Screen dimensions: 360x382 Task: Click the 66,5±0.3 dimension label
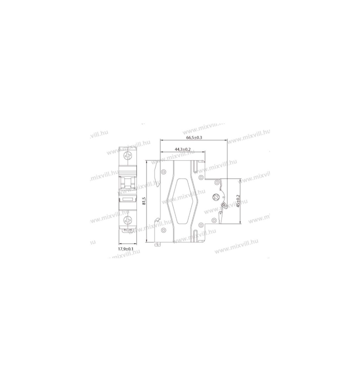click(x=194, y=137)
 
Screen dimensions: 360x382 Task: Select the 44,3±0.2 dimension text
click(x=182, y=149)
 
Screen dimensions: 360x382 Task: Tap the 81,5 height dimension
click(x=144, y=201)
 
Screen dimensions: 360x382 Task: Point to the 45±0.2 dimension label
click(x=238, y=201)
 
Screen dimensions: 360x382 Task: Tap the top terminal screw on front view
click(x=128, y=155)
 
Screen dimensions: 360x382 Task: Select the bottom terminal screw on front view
click(x=128, y=220)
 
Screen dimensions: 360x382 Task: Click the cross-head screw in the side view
click(x=216, y=197)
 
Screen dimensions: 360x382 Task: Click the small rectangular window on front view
click(x=128, y=199)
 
